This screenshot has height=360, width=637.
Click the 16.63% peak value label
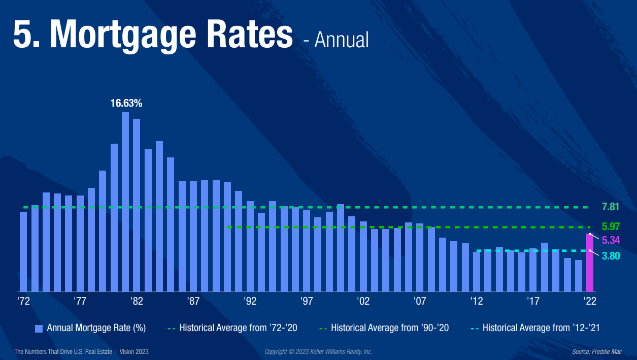(126, 104)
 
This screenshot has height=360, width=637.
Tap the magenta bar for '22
(590, 263)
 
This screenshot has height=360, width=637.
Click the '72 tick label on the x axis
(23, 301)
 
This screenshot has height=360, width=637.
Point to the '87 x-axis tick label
(193, 301)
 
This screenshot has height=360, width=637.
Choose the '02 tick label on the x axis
(363, 301)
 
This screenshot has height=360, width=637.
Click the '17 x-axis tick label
(533, 301)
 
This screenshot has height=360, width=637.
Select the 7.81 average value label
(611, 207)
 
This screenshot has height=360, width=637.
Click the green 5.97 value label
(611, 226)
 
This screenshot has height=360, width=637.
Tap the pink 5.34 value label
(611, 240)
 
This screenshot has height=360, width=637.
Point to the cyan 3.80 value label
(611, 256)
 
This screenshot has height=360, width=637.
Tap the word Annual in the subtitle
(342, 40)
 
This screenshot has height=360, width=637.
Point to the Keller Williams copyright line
(318, 351)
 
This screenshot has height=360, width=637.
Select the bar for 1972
(23, 251)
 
